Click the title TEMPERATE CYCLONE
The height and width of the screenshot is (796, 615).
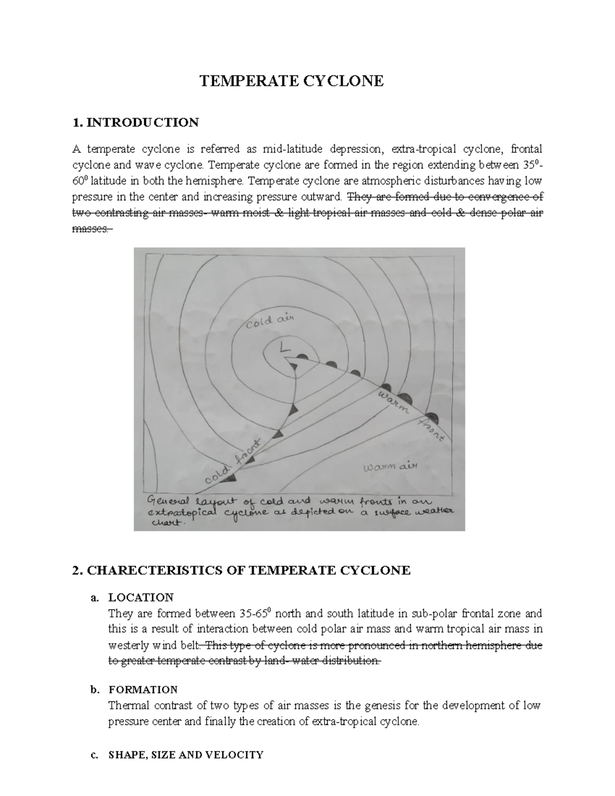coord(291,81)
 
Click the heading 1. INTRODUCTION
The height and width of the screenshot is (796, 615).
coord(136,123)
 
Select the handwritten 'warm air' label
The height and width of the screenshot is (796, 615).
coord(391,467)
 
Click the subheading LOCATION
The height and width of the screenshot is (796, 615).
coord(141,597)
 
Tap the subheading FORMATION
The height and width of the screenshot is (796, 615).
coord(143,689)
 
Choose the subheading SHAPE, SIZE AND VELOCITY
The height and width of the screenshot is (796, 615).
coord(186,754)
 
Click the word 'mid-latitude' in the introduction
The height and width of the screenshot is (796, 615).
coord(293,149)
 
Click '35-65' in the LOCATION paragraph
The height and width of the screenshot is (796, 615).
coord(257,614)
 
